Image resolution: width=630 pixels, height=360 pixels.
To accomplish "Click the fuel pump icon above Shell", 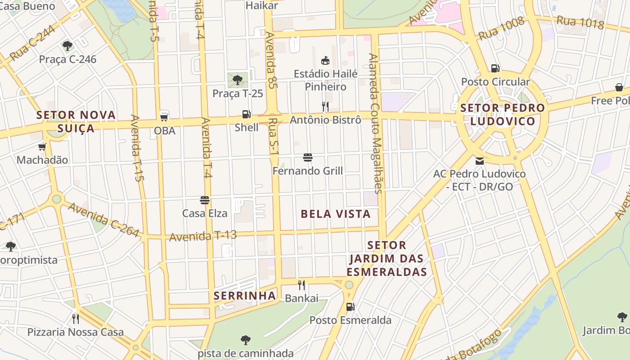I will pos(246,114).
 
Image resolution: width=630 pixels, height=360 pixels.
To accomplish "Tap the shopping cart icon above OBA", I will pos(164,117).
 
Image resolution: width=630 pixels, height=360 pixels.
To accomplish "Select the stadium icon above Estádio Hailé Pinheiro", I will pos(325,60).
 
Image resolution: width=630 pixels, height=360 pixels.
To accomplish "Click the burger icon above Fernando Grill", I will pos(308,157).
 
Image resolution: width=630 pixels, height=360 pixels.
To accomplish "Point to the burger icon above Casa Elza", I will pos(205,200).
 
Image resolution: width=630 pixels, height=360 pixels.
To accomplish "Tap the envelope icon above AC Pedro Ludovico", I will pos(480,161).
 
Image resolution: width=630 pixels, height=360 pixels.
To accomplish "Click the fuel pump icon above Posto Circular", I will pos(495,68).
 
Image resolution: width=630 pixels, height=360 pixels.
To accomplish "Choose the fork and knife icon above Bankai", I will pos(301,285).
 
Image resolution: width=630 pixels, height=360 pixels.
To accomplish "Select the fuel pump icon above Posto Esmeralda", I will pos(350,307).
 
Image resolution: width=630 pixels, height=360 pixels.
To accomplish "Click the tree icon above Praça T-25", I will pos(238,80).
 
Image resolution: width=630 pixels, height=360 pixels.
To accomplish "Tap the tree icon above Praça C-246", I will pos(67,45).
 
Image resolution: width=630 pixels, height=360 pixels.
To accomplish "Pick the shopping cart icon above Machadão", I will pos(42,147).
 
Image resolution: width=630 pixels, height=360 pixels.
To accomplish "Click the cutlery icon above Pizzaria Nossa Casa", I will pos(76,319).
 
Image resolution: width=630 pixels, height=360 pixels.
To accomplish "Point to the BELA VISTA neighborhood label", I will pos(336,214).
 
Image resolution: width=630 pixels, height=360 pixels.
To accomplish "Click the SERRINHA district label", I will pos(245,296).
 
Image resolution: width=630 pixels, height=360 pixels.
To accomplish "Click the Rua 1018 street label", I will pos(580,22).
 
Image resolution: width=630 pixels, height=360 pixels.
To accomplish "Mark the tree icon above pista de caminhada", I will pos(246,340).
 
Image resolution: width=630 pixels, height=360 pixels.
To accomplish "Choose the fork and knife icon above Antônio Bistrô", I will pos(325,107).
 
